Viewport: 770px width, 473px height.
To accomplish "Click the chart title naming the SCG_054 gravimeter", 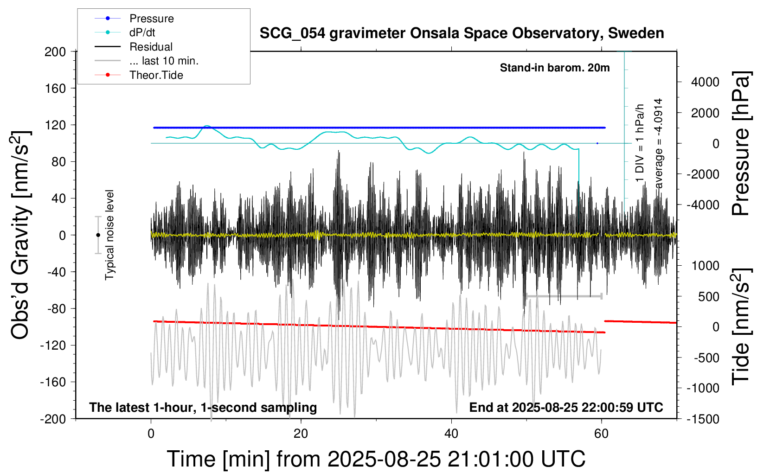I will click(x=462, y=33).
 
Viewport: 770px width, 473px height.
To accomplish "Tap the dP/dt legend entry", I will click(x=142, y=32).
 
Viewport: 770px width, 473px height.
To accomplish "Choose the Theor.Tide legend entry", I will click(x=156, y=75).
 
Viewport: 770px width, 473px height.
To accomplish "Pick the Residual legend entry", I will click(x=151, y=47).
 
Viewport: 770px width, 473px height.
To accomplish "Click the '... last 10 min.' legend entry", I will click(x=164, y=61).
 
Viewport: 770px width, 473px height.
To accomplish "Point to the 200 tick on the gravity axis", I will click(x=55, y=51).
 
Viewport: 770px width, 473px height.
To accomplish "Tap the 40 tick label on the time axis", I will click(x=451, y=434).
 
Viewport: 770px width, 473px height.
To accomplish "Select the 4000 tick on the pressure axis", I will click(x=705, y=82).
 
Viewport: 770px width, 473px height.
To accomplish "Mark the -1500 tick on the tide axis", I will click(x=703, y=419).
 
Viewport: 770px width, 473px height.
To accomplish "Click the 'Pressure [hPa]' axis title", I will click(x=740, y=144).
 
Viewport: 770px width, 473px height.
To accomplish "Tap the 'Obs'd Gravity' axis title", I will click(x=21, y=235).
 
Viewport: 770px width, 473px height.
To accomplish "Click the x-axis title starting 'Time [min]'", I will click(x=376, y=459).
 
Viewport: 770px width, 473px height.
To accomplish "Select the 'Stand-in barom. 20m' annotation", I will click(x=554, y=68).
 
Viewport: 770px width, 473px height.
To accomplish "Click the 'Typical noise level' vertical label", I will click(x=109, y=235).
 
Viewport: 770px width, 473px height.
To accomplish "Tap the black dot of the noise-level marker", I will click(x=98, y=235).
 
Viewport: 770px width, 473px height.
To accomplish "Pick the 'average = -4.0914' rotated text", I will click(x=658, y=144).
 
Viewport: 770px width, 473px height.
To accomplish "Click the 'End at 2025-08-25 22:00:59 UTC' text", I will click(x=566, y=407).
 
